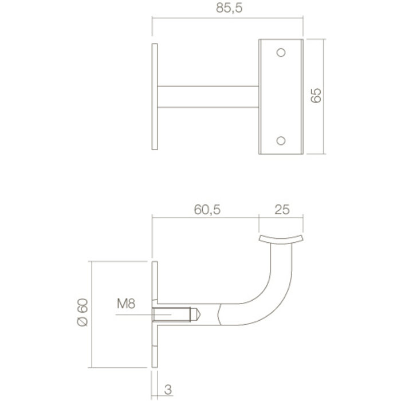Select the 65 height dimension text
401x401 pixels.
pyautogui.click(x=314, y=96)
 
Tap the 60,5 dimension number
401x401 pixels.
pyautogui.click(x=206, y=210)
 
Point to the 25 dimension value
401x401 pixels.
pyautogui.click(x=281, y=210)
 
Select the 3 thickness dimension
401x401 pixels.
pyautogui.click(x=168, y=391)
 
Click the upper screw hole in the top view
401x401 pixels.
pyautogui.click(x=281, y=53)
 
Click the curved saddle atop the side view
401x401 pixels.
pyautogui.click(x=280, y=239)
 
